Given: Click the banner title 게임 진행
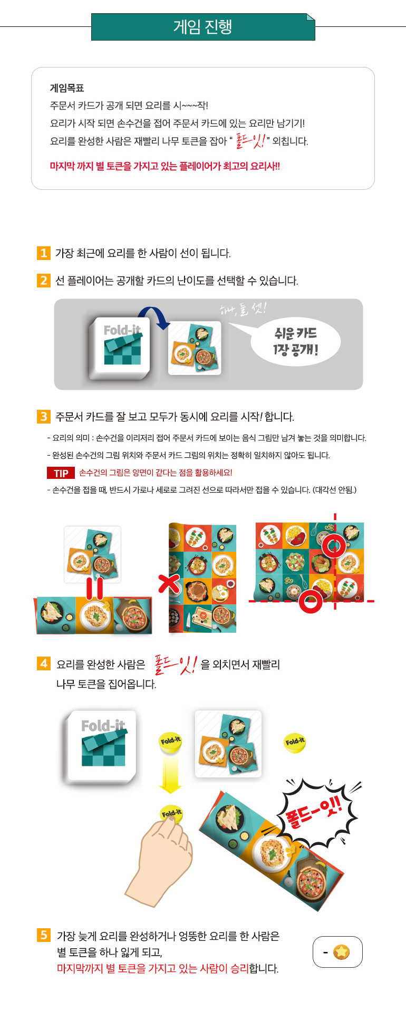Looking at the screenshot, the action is [203, 26].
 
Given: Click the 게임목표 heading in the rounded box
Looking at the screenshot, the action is [67, 88].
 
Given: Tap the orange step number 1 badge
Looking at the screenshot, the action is [43, 253].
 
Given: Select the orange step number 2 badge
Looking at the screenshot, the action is [43, 281].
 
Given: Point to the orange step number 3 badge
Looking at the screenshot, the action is [43, 417].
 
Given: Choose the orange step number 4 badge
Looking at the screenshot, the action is [44, 663].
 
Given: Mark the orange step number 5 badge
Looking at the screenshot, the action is [44, 935].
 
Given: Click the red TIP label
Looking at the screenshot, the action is [61, 473].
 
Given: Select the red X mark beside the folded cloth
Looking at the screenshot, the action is [169, 584].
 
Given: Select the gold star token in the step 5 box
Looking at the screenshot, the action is [342, 952].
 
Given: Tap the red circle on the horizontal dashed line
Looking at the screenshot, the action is [311, 601].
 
